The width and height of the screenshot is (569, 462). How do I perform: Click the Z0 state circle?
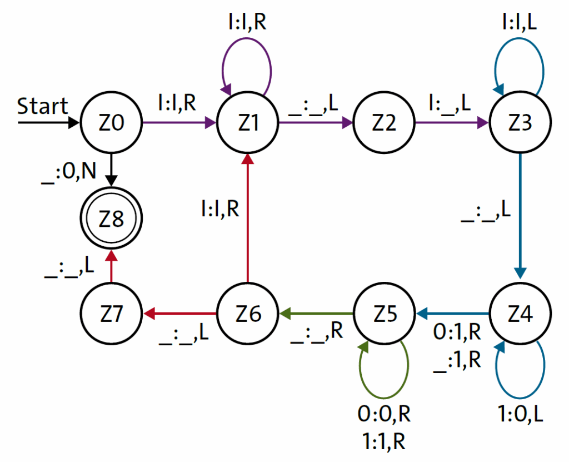click(x=112, y=123)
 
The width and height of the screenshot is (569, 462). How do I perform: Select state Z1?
click(x=248, y=123)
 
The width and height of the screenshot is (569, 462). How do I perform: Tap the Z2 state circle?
click(x=384, y=123)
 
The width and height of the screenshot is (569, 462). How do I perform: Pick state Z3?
click(x=520, y=123)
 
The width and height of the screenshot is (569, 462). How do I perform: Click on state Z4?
click(x=520, y=315)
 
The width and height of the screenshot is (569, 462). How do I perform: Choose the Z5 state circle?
click(x=384, y=315)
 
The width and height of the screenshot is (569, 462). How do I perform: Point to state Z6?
click(x=248, y=315)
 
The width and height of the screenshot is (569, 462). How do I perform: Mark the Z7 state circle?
click(x=112, y=315)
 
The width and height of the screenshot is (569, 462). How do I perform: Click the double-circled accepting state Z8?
click(x=112, y=219)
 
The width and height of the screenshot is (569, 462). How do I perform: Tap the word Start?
click(x=43, y=106)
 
